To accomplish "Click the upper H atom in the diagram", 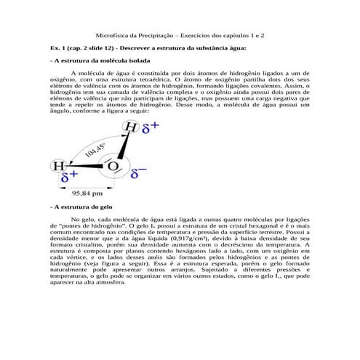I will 131,127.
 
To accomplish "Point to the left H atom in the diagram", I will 57,167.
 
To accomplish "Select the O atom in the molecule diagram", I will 113,167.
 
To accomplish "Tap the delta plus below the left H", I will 69,177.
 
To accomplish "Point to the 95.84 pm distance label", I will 86,194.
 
